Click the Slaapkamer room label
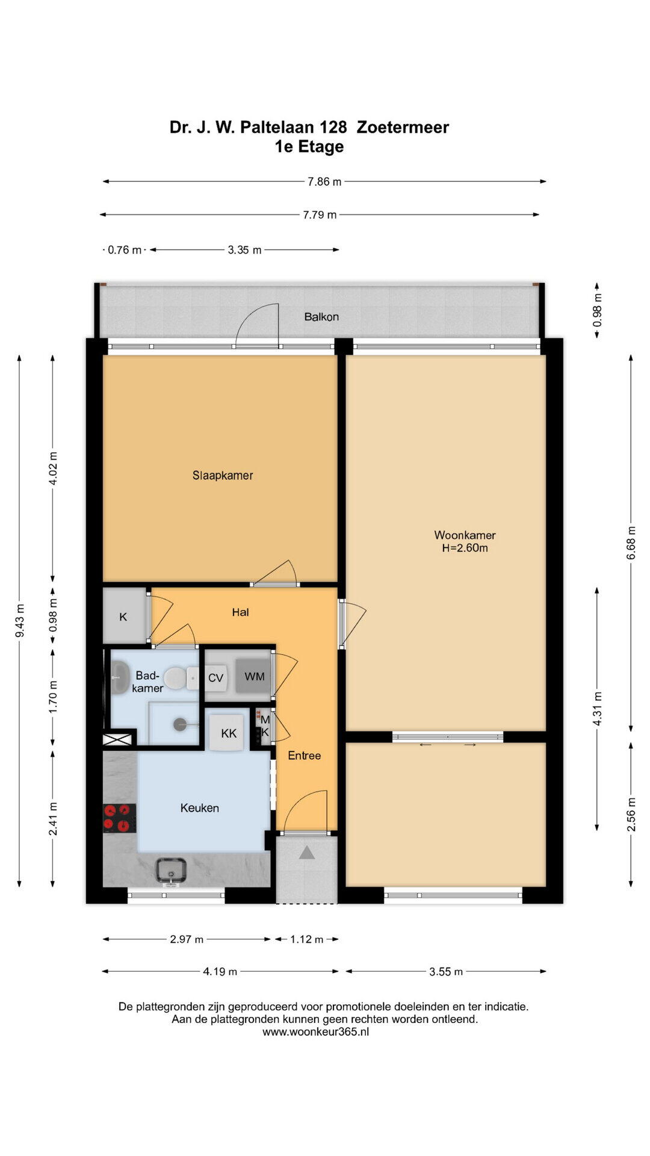pos(223,475)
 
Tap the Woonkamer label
pos(465,535)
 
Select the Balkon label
pos(321,317)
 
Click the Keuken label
pos(199,808)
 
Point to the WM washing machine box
pos(254,677)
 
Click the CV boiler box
pos(215,678)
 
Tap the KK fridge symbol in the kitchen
pos(229,733)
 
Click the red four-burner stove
pos(119,818)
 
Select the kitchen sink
pos(172,871)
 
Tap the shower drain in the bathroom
pos(179,724)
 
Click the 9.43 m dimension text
pos(20,621)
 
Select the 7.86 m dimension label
pos(324,182)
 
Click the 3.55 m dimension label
pos(446,971)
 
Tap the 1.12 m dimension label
pos(307,939)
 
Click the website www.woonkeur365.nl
pos(316,1031)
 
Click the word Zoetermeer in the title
pos(403,127)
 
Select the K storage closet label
pos(123,617)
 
